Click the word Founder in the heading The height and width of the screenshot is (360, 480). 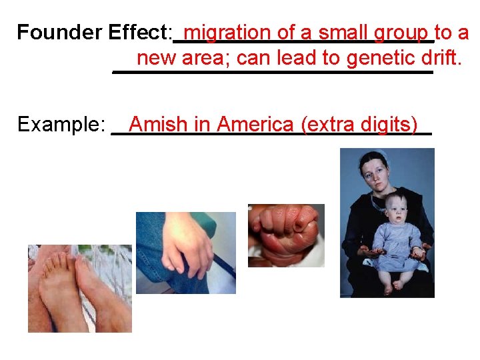coord(51,32)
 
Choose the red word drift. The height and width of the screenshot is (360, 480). coord(441,58)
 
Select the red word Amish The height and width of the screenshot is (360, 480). coord(159,125)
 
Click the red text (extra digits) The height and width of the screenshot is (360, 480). coord(359,125)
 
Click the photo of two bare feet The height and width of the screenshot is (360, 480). coord(79,288)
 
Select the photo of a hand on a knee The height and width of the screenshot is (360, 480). coord(185,253)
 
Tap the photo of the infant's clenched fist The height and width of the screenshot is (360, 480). coord(286,235)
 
